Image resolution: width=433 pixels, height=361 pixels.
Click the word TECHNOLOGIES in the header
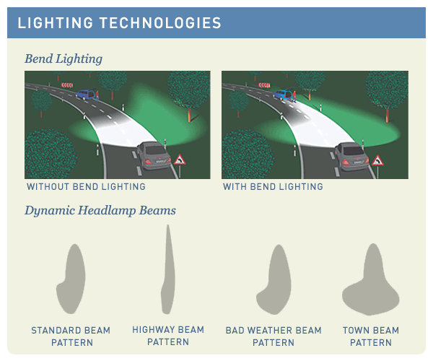tap(160, 23)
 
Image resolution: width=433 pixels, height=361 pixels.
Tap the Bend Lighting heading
tap(64, 58)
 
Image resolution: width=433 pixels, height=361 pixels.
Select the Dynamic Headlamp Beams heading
tap(100, 211)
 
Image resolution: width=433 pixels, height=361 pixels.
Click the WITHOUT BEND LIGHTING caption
tap(86, 187)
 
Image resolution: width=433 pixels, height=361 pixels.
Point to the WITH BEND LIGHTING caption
tap(273, 187)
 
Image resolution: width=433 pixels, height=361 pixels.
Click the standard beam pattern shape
tap(71, 279)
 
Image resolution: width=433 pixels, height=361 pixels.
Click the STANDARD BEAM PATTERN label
tap(71, 336)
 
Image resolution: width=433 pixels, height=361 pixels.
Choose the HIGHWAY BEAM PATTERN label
tap(168, 336)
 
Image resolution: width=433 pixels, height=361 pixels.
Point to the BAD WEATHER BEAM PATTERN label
tap(274, 336)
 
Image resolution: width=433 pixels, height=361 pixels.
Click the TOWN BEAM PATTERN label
tap(371, 336)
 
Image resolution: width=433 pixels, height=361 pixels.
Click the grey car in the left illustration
tap(154, 155)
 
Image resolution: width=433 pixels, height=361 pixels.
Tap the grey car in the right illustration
tap(352, 155)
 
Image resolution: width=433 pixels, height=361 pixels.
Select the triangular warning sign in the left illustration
tap(180, 160)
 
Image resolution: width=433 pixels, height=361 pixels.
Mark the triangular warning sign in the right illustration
tap(377, 160)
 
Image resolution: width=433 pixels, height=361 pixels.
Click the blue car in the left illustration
tap(87, 94)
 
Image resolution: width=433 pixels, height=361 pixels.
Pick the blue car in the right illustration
tap(283, 95)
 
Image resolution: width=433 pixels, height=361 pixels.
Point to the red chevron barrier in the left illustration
tap(67, 85)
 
